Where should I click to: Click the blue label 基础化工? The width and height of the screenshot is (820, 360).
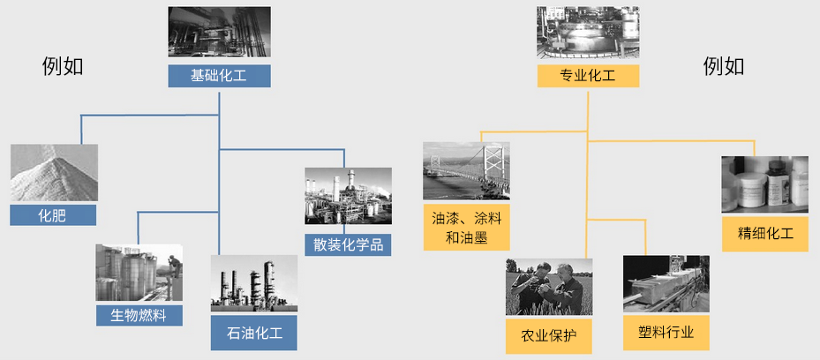[219, 76]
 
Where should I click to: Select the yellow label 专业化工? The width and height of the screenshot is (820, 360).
[588, 76]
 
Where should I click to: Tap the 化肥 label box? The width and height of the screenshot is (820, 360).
[53, 214]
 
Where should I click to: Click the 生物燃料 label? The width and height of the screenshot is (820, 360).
[139, 315]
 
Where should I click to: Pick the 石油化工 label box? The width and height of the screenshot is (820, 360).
[254, 333]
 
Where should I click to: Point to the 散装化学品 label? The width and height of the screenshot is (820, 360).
[349, 244]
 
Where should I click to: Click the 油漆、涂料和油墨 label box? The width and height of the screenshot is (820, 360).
[466, 228]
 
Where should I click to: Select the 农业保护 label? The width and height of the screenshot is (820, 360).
[549, 335]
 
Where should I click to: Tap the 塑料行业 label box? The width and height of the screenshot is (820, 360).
[666, 333]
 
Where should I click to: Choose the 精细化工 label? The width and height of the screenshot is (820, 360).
[765, 233]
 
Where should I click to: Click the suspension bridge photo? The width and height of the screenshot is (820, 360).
[466, 171]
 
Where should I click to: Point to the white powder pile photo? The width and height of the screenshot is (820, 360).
[54, 172]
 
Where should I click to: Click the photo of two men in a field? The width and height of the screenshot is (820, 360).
[549, 287]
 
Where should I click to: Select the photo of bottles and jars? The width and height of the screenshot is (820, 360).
[765, 184]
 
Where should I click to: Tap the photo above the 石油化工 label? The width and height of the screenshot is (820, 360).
[254, 283]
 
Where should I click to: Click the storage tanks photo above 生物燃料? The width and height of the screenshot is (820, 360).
[139, 273]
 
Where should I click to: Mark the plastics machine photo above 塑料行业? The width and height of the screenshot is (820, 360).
[666, 284]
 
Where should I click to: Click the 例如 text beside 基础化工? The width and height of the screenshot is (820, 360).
[63, 67]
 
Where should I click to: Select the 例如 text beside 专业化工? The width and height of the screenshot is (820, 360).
[724, 67]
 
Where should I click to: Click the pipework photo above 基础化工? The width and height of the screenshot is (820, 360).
[220, 32]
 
